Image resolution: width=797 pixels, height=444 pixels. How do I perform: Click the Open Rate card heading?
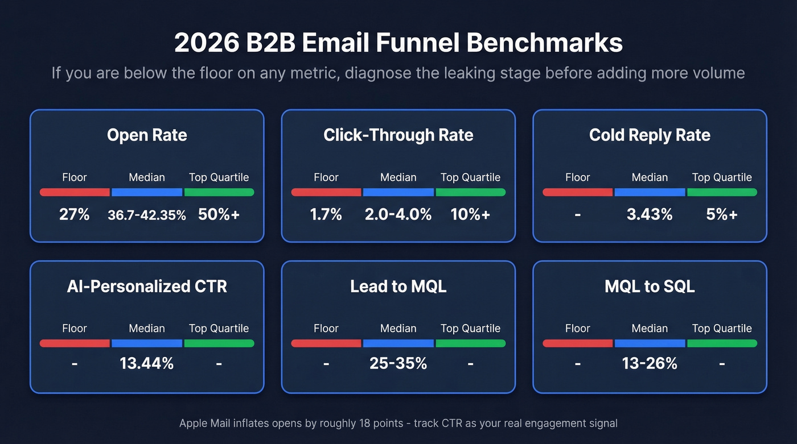tap(147, 135)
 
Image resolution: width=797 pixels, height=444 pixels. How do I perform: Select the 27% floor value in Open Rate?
tap(75, 214)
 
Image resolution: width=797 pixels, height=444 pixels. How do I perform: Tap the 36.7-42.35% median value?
tap(147, 215)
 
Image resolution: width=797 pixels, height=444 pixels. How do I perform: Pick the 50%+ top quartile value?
tap(219, 214)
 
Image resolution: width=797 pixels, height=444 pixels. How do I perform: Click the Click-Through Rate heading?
tap(398, 135)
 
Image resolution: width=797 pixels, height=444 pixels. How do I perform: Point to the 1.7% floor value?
tap(326, 214)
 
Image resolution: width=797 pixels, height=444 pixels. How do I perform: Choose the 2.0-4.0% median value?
tap(398, 214)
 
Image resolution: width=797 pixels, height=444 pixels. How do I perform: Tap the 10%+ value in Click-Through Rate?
tap(470, 214)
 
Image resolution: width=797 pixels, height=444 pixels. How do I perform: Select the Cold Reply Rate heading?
tap(650, 135)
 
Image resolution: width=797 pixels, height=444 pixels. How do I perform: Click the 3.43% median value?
tap(650, 214)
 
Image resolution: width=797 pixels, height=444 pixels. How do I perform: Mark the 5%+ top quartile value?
tap(722, 214)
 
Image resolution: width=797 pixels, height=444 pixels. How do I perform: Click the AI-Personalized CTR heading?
tap(147, 286)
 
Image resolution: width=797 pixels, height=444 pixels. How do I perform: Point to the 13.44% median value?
tap(147, 363)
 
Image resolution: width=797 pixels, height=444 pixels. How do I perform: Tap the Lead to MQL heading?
tap(398, 286)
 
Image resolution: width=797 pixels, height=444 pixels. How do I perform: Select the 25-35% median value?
tap(398, 363)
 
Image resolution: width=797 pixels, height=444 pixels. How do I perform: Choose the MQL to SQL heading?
tap(650, 286)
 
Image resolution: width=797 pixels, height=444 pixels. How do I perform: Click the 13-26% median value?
tap(650, 363)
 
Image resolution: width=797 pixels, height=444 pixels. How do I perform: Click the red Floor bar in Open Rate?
tap(75, 192)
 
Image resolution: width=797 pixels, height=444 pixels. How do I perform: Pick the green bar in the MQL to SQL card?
tap(722, 343)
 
